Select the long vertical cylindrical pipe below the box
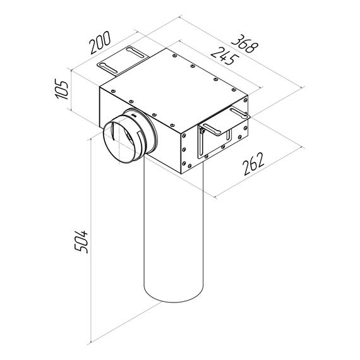coord(173,240)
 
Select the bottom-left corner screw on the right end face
coord(184,167)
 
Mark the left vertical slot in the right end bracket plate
coord(201,142)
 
